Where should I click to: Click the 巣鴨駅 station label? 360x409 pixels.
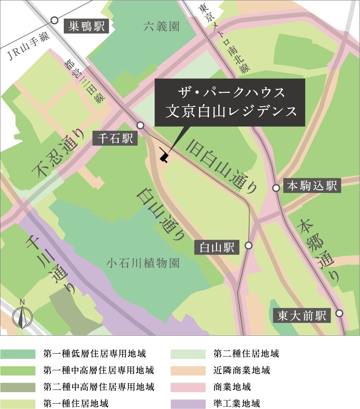pyautogui.click(x=87, y=27)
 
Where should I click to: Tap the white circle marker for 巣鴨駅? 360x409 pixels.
pyautogui.click(x=55, y=20)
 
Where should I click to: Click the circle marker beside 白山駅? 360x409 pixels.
pyautogui.click(x=248, y=246)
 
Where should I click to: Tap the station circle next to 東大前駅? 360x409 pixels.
pyautogui.click(x=339, y=313)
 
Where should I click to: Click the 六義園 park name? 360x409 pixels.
pyautogui.click(x=161, y=27)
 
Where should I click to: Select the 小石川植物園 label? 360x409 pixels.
pyautogui.click(x=143, y=263)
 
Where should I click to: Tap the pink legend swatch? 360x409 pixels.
pyautogui.click(x=189, y=386)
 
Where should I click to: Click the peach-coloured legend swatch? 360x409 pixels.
pyautogui.click(x=189, y=370)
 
